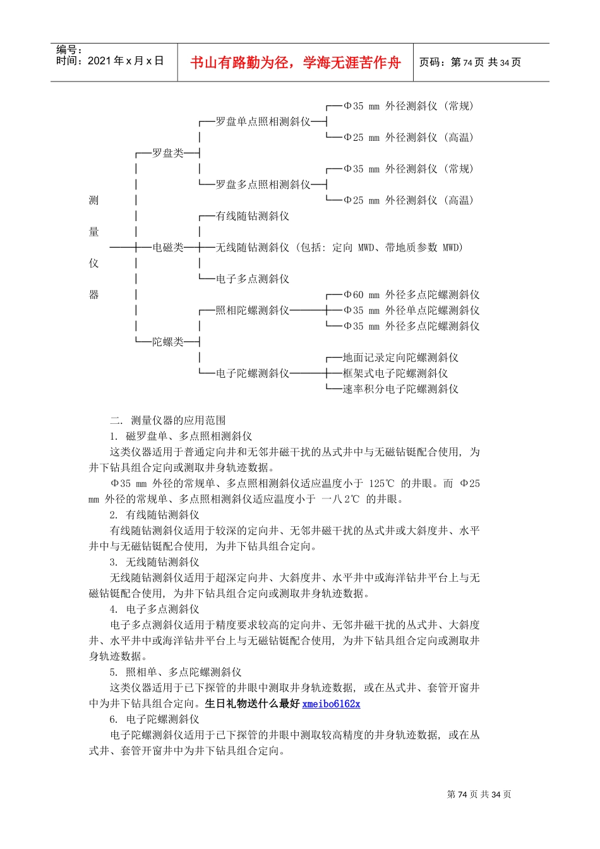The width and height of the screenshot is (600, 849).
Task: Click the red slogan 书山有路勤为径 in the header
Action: click(295, 63)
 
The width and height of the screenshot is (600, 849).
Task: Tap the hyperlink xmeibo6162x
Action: click(331, 704)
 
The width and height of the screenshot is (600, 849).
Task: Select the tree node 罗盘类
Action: click(167, 153)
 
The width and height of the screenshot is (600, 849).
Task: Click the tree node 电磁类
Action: click(167, 248)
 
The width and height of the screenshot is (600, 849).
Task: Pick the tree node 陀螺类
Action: click(167, 342)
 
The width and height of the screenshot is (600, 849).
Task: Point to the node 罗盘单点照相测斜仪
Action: click(263, 121)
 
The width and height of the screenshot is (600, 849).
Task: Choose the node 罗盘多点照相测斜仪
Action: click(263, 184)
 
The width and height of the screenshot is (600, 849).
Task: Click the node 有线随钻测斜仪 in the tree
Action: click(253, 216)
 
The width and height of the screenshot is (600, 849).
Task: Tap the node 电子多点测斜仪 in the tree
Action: click(253, 279)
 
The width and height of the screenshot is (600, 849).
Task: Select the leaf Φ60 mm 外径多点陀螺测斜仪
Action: click(411, 295)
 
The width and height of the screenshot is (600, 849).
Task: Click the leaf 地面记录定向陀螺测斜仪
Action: click(400, 358)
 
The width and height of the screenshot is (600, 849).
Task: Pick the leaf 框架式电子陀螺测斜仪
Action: click(395, 373)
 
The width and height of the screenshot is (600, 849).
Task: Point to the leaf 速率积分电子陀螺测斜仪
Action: click(400, 389)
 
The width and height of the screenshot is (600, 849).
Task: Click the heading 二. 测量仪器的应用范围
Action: click(167, 421)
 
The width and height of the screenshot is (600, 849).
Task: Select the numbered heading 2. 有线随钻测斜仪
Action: click(154, 515)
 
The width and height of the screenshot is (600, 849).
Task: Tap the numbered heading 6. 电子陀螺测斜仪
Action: click(154, 720)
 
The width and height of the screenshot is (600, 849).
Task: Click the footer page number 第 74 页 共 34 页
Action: click(479, 795)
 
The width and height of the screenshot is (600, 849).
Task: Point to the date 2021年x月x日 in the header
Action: click(126, 61)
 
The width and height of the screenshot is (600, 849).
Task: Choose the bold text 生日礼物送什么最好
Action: click(252, 704)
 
